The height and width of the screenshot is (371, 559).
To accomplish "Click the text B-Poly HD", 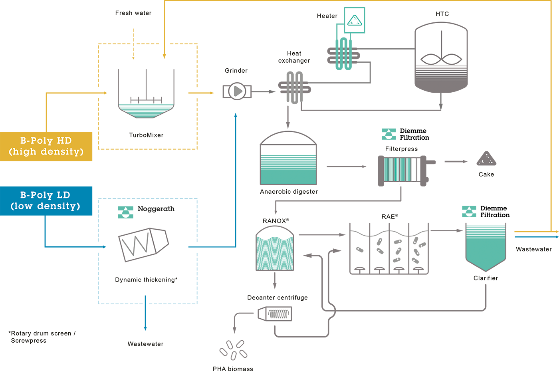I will click(46, 141).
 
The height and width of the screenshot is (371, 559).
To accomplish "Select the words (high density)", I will click(46, 152).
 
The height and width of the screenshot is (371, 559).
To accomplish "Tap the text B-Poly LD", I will click(45, 195).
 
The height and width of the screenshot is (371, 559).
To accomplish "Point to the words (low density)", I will click(45, 206).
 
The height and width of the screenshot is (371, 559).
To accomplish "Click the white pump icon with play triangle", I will click(237, 91).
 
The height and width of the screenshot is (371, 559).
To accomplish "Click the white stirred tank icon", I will click(441, 52).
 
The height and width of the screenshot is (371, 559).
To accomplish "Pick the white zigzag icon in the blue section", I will click(143, 244).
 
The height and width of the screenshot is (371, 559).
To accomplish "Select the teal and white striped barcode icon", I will click(400, 170).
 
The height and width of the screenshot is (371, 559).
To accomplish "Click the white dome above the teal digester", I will click(288, 139).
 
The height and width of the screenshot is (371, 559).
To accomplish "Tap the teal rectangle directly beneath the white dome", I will click(288, 167).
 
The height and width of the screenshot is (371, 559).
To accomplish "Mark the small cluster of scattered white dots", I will click(486, 159).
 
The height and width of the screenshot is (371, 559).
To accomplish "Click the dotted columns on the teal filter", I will click(343, 56).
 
